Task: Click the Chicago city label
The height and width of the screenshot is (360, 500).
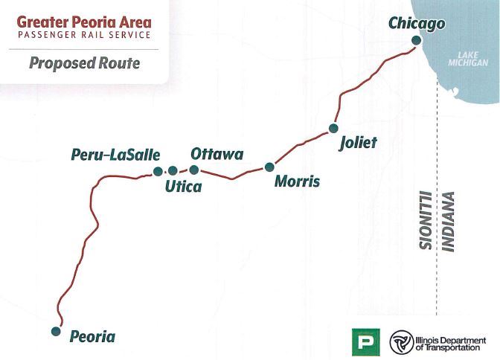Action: (x=417, y=24)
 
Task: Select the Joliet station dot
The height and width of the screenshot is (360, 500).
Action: (x=333, y=129)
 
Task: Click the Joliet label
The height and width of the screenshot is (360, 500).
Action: (x=358, y=142)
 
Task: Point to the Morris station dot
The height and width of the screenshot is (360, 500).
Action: (x=269, y=167)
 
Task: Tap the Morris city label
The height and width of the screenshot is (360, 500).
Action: (x=297, y=181)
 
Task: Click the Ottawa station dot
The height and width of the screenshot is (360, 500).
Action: (x=194, y=170)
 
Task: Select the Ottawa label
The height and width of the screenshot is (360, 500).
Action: (x=217, y=154)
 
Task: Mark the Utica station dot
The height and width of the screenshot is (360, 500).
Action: (x=173, y=171)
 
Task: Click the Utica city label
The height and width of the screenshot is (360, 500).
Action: (x=183, y=187)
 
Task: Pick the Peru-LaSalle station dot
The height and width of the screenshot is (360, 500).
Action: (x=158, y=171)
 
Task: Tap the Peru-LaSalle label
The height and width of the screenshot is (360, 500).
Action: (x=115, y=155)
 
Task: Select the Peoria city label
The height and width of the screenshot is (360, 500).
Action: (x=92, y=336)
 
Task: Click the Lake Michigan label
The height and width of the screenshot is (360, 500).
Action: (x=472, y=60)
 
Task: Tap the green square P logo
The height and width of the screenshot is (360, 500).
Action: (x=365, y=341)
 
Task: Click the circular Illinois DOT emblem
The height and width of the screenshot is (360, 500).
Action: (x=402, y=341)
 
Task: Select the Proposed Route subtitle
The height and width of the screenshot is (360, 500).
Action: (x=84, y=62)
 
